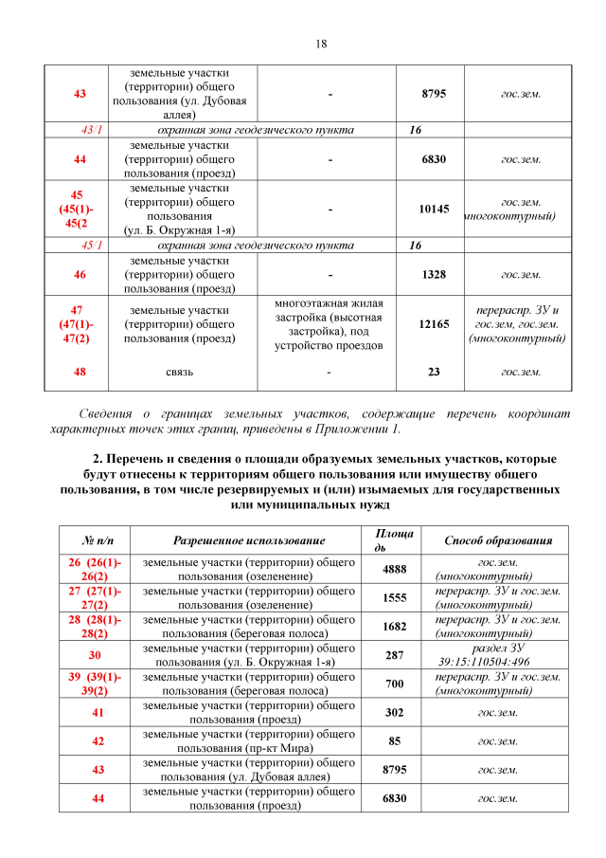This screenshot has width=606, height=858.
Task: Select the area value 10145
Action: pos(434,209)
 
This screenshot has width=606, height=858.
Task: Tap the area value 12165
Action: pos(434,324)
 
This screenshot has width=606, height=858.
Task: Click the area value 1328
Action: pos(434,274)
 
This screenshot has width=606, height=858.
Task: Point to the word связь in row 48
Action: pos(179,372)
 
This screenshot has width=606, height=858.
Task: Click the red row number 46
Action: pos(80,274)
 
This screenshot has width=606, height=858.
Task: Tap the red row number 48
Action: pos(80,372)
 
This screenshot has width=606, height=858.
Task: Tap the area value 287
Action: pos(394,655)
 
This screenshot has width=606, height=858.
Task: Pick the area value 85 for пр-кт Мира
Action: pos(394,740)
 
